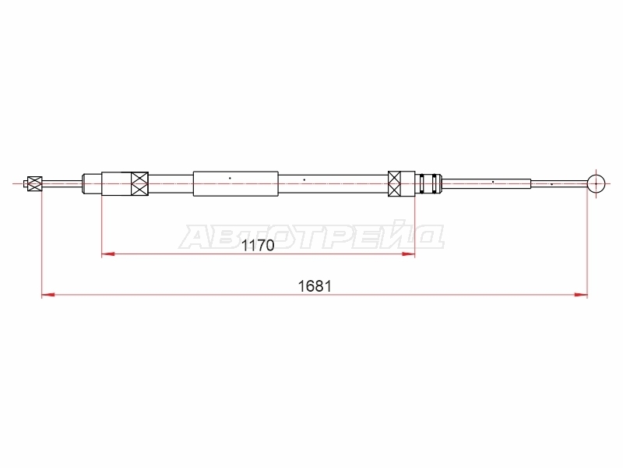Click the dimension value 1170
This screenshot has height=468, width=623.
click(x=258, y=246)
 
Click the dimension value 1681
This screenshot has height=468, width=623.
click(x=315, y=286)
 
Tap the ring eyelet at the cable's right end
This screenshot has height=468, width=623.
click(x=596, y=184)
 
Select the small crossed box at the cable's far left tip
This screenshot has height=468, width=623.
click(x=34, y=184)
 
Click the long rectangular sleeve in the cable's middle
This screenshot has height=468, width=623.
click(x=236, y=183)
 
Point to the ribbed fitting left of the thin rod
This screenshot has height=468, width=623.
click(x=430, y=183)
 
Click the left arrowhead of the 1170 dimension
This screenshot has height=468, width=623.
click(x=108, y=253)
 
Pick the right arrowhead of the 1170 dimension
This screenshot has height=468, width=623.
click(x=408, y=253)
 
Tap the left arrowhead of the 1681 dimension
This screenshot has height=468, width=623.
click(x=48, y=295)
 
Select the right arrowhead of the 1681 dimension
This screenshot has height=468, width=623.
click(x=581, y=295)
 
